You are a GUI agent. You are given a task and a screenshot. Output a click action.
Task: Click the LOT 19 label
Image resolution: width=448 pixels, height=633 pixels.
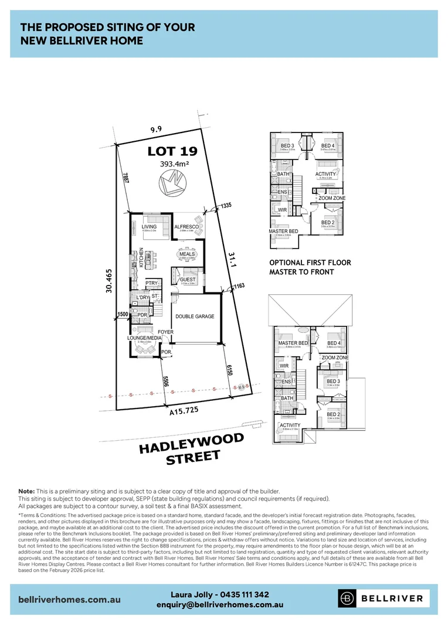click(x=172, y=151)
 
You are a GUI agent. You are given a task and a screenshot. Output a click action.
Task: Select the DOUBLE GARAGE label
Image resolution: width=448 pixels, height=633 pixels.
click(x=195, y=316)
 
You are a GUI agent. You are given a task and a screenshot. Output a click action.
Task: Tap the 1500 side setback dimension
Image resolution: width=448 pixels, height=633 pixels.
click(x=123, y=315)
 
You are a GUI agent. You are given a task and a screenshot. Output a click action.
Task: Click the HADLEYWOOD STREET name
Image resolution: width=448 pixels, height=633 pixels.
click(x=191, y=450)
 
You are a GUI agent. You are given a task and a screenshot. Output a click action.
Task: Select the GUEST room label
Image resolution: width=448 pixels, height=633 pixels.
click(x=188, y=280)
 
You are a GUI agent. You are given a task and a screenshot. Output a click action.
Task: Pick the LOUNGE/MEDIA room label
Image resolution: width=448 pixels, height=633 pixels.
click(x=144, y=338)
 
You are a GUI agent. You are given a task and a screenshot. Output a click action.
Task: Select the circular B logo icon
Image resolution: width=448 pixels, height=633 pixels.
click(x=348, y=598)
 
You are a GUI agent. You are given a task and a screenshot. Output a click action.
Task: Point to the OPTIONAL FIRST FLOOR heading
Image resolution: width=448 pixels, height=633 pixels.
click(x=310, y=263)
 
